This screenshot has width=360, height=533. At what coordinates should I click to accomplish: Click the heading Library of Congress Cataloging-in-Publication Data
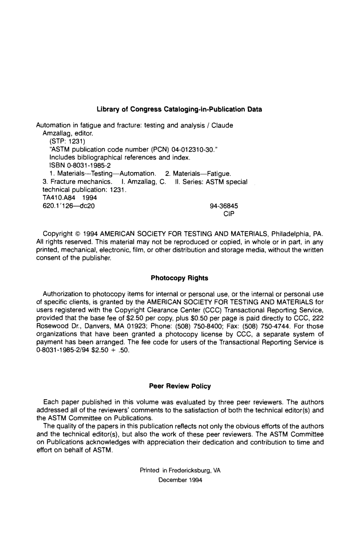click(179, 110)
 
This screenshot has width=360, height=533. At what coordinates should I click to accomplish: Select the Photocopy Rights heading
click(179, 278)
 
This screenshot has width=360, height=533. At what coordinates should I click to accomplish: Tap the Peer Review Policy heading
click(180, 386)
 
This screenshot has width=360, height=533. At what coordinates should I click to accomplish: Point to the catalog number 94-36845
click(224, 206)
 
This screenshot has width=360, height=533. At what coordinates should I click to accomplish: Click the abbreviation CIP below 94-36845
click(229, 214)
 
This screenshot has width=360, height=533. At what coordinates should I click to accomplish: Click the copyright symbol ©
click(77, 234)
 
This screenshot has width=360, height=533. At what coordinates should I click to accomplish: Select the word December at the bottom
click(172, 480)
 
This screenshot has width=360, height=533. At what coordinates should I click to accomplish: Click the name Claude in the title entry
click(222, 125)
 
